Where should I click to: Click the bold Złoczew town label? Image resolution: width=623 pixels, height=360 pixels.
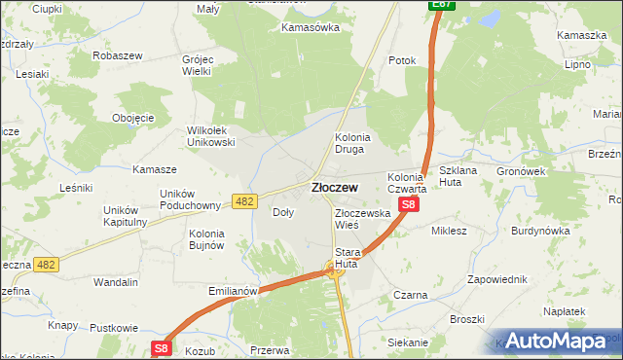(x=333, y=187)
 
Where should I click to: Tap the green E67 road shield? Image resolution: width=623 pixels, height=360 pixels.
(x=441, y=6)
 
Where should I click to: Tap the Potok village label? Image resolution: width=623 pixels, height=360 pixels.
(x=402, y=60)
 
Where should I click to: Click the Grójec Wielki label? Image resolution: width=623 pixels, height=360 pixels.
(x=198, y=65)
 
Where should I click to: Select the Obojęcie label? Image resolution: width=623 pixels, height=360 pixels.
(x=133, y=118)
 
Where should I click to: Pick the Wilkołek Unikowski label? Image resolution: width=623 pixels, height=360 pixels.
(x=211, y=136)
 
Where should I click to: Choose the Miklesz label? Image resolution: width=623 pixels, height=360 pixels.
(x=450, y=232)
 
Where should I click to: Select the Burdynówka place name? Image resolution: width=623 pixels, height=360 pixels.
(x=541, y=232)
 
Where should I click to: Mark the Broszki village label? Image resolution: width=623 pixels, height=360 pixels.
(x=467, y=319)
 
